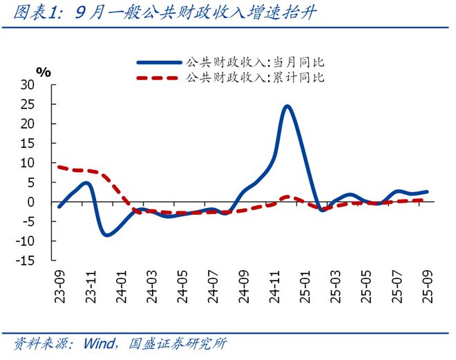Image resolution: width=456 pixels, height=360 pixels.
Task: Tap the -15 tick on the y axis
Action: coord(44,260)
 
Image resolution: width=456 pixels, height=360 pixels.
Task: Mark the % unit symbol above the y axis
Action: coord(44,72)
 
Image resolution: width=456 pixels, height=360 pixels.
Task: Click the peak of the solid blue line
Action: coord(287,106)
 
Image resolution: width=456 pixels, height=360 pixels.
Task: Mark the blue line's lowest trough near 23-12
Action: coord(106,235)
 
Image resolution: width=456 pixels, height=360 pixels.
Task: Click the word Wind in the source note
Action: coord(98,343)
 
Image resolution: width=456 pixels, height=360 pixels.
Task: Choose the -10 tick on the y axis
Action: coord(44,241)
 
